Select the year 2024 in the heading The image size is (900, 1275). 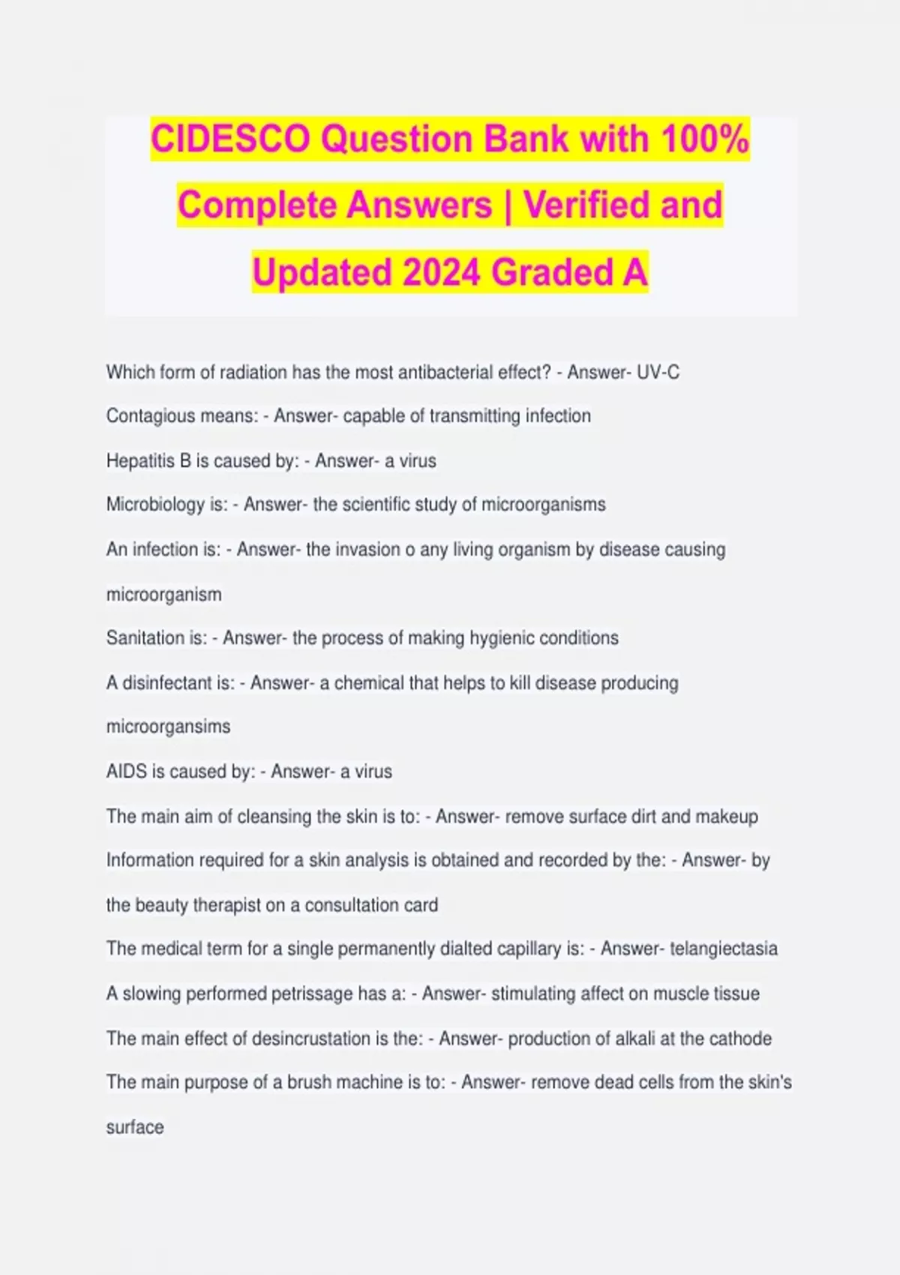click(x=442, y=272)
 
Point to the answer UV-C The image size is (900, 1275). click(x=658, y=372)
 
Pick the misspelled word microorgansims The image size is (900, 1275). click(x=168, y=727)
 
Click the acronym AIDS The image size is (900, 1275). click(x=127, y=772)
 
